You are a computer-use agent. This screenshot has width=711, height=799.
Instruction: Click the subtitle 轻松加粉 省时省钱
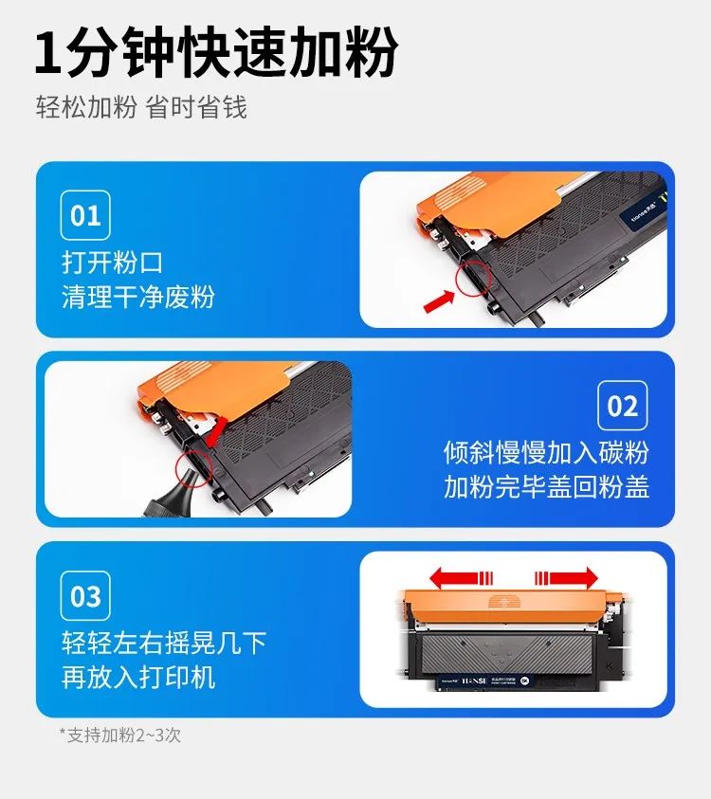point(141,107)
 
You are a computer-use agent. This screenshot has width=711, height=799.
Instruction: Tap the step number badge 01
point(85,215)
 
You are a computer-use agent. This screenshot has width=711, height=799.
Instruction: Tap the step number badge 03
point(85,596)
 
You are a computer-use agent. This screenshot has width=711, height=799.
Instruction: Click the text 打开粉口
point(112,262)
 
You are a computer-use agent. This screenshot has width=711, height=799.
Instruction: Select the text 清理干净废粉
point(138,297)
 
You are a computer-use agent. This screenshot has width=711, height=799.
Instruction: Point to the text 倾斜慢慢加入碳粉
point(546,451)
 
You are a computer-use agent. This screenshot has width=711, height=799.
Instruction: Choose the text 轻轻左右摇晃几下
point(164,643)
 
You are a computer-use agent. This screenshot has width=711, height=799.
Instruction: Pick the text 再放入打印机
point(138,677)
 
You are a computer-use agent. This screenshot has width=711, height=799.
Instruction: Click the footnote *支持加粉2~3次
point(119,735)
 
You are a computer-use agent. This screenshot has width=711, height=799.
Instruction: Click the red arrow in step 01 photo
point(437,300)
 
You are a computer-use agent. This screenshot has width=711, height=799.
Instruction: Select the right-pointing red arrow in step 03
point(567,577)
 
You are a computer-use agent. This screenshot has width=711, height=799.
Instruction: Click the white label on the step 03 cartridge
point(483,681)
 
